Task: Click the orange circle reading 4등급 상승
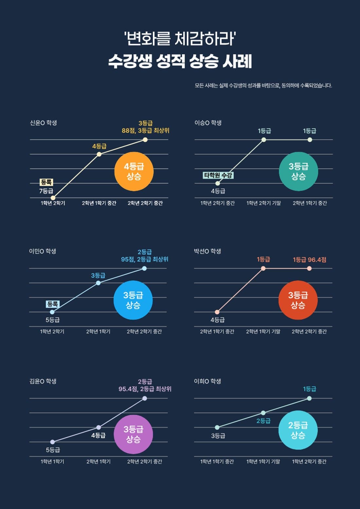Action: click(134, 171)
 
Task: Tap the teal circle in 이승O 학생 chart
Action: click(298, 171)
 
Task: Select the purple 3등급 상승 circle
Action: click(133, 434)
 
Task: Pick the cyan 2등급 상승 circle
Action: click(298, 430)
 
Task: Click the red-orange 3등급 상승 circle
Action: click(298, 300)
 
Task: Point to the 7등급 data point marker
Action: click(53, 198)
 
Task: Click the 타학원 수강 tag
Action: click(218, 175)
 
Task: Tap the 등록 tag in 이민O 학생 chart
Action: click(52, 304)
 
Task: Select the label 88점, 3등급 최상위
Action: click(145, 131)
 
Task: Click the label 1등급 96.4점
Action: click(309, 259)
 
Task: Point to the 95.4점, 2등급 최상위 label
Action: click(145, 389)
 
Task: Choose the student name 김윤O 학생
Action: click(43, 381)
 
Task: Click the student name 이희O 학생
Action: click(207, 381)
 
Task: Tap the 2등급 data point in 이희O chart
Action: click(263, 412)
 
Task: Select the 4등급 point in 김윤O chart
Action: click(99, 427)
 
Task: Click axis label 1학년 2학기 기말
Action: click(264, 203)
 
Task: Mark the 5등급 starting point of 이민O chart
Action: click(52, 312)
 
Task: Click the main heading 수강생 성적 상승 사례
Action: click(180, 61)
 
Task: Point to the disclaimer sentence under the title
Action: click(263, 86)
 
